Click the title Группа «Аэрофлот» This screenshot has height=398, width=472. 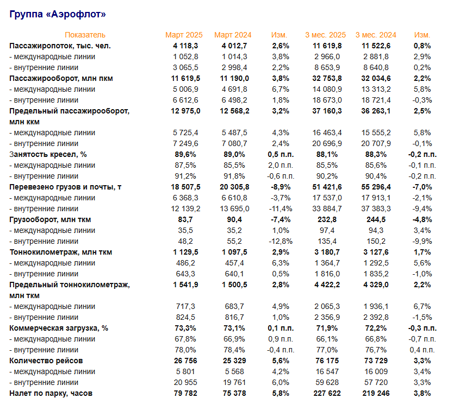58,14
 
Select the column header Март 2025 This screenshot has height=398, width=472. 184,35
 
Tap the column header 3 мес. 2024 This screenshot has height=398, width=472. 375,35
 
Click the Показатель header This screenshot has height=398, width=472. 85,35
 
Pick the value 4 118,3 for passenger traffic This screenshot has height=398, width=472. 185,46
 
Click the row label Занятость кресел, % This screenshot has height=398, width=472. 48,154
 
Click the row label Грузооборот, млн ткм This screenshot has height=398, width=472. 51,219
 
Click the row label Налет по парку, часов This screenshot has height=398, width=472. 52,393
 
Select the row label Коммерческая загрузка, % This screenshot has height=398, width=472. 59,328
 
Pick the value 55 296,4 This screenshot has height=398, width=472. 376,187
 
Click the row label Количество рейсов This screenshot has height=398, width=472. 46,361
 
